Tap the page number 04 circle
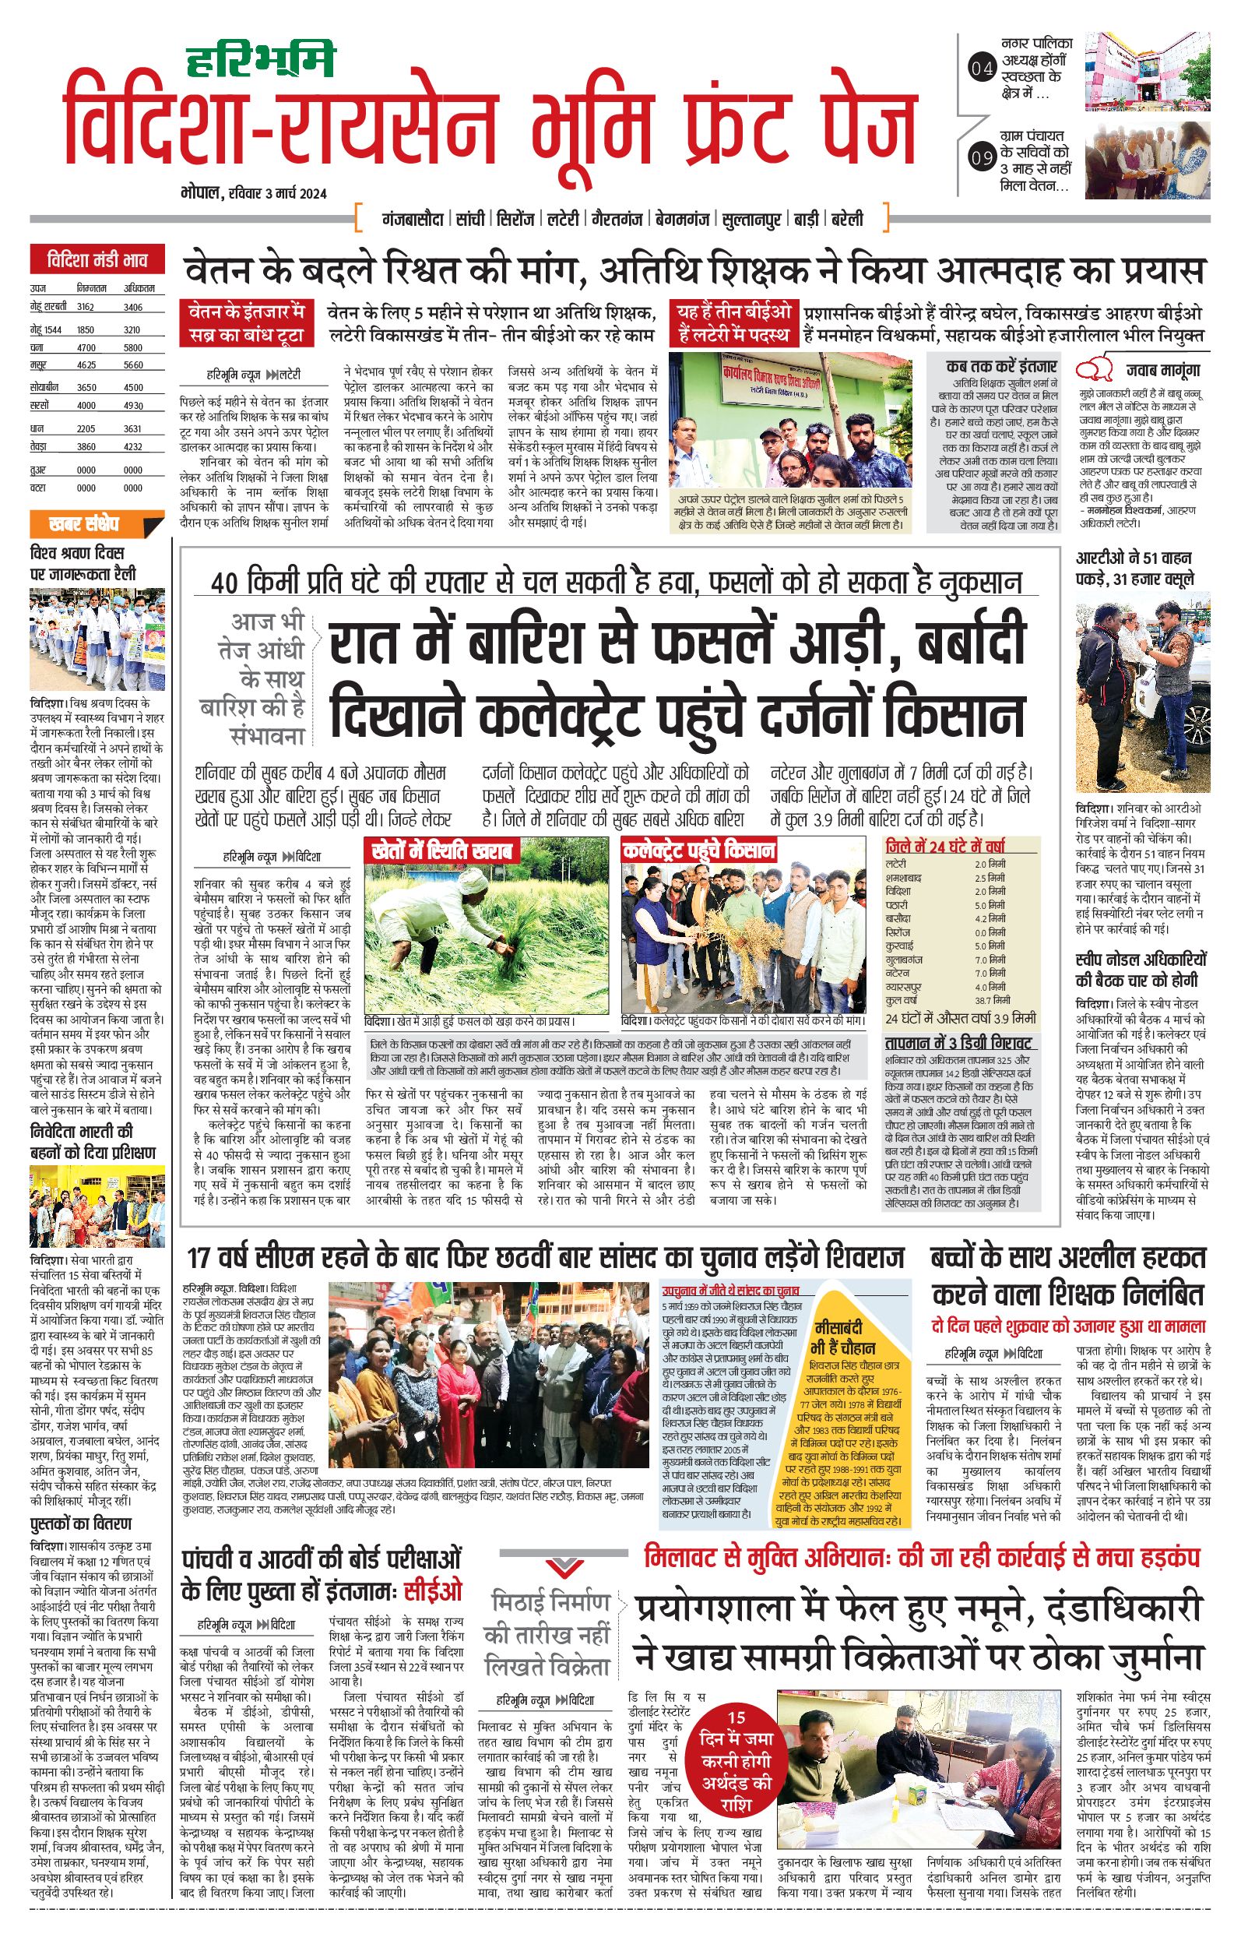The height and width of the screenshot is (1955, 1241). pyautogui.click(x=982, y=69)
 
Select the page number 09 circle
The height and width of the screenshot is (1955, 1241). pyautogui.click(x=982, y=157)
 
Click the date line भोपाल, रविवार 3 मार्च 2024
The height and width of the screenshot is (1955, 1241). pyautogui.click(x=253, y=193)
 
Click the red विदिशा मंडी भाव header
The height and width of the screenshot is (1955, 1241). pyautogui.click(x=97, y=261)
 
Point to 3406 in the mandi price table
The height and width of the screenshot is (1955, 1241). pyautogui.click(x=133, y=307)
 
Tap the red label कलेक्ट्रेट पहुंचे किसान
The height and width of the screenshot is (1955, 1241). pyautogui.click(x=699, y=851)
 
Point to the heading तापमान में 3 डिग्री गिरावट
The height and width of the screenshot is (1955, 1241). pyautogui.click(x=958, y=1043)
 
